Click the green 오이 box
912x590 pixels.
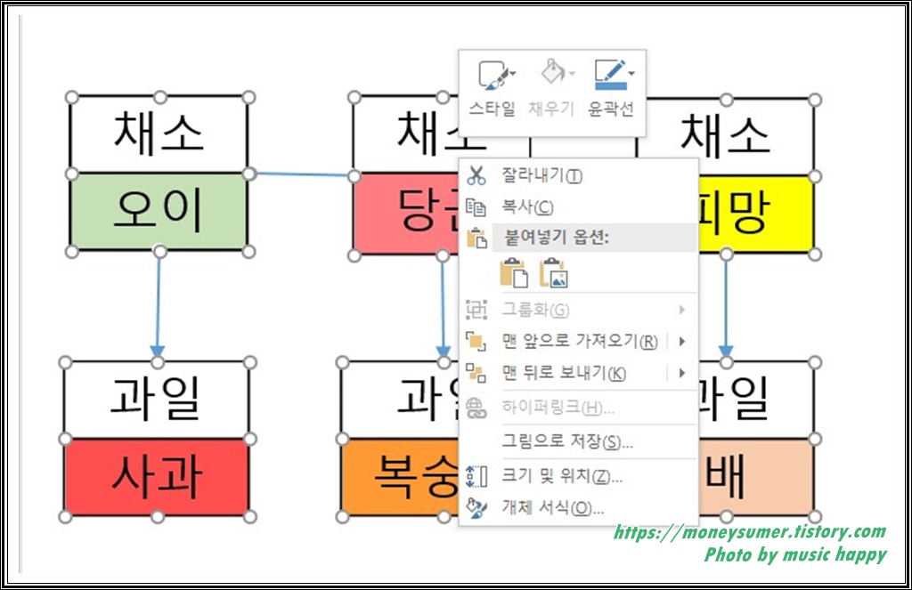pos(159,211)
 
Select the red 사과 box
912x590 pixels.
pos(157,477)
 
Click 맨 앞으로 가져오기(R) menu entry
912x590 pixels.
pos(579,341)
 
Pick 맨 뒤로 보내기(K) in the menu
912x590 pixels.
pos(563,373)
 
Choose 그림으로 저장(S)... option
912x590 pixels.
pos(567,441)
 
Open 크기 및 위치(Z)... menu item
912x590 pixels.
pos(561,476)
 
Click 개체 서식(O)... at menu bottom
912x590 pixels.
pos(552,508)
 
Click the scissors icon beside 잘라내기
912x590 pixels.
pos(476,176)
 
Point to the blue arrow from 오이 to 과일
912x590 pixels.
pos(158,303)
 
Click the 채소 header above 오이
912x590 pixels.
pos(159,134)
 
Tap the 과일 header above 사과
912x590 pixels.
pos(157,400)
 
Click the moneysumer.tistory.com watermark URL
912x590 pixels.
pos(750,533)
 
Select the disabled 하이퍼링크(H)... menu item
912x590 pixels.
pos(558,408)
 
